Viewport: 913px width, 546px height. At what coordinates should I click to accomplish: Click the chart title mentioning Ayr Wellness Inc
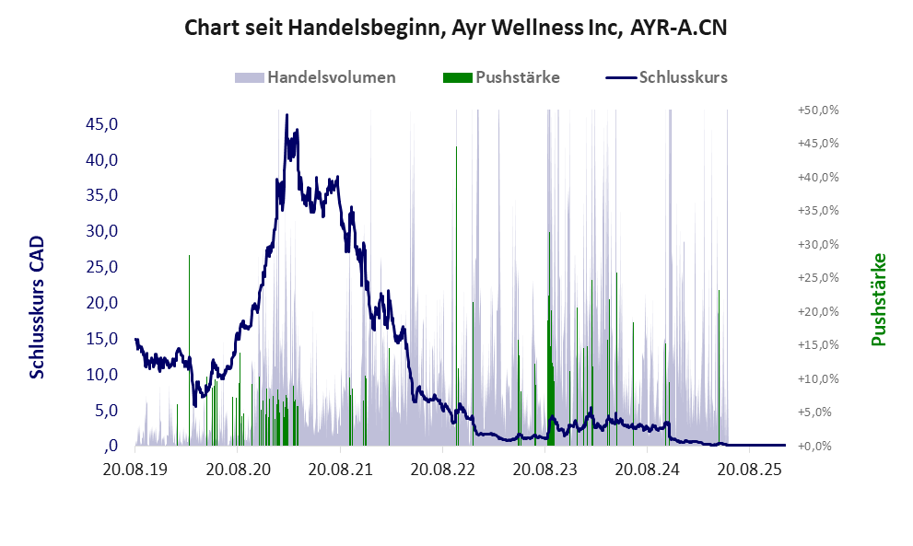pos(455,28)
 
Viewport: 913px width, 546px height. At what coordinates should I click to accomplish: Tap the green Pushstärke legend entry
pos(501,77)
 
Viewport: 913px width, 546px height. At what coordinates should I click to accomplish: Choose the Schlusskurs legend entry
pos(667,77)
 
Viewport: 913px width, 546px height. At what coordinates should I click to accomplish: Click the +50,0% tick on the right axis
pos(818,110)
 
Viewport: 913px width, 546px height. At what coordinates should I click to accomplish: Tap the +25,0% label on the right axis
pos(818,277)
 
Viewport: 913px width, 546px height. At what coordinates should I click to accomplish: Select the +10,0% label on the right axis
pos(818,378)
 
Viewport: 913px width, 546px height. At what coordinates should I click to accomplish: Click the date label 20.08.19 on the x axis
pos(135,470)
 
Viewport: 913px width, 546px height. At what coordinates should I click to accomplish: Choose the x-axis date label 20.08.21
pos(340,470)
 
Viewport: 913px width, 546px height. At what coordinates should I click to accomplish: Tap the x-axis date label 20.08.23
pos(545,470)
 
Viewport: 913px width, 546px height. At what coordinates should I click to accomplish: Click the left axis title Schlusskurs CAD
pos(38,307)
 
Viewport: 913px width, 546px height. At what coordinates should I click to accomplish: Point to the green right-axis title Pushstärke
pos(878,299)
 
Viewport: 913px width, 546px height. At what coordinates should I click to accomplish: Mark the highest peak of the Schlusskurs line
pos(287,116)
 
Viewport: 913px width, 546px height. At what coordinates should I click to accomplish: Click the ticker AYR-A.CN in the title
pos(678,28)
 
